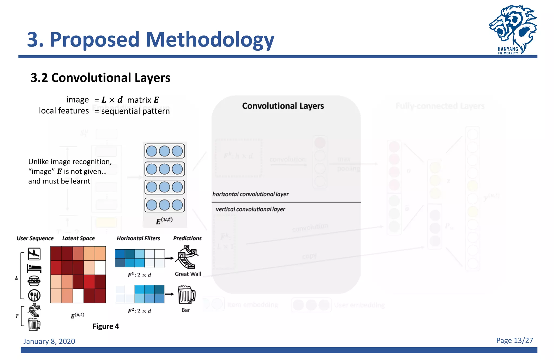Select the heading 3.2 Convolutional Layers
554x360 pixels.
coord(100,78)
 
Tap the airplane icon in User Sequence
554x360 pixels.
coord(34,254)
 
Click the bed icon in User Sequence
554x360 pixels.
coord(34,268)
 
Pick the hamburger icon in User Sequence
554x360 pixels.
coord(34,281)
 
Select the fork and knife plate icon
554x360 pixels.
coord(34,295)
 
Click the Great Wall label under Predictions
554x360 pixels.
coord(188,274)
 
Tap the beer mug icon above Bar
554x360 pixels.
coord(186,295)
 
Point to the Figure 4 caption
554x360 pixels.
coord(105,326)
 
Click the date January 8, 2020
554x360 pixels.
coord(49,341)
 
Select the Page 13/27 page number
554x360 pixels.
coord(514,341)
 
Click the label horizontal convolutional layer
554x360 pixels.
coord(250,194)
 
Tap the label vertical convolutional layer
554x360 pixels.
coord(250,209)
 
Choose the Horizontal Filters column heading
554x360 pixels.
coord(138,238)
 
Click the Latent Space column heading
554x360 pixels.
coord(78,238)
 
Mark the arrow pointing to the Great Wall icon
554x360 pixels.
coord(169,258)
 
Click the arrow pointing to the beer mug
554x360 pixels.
coord(169,294)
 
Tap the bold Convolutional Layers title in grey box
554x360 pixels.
coord(283,106)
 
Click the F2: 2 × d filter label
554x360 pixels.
coord(139,311)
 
